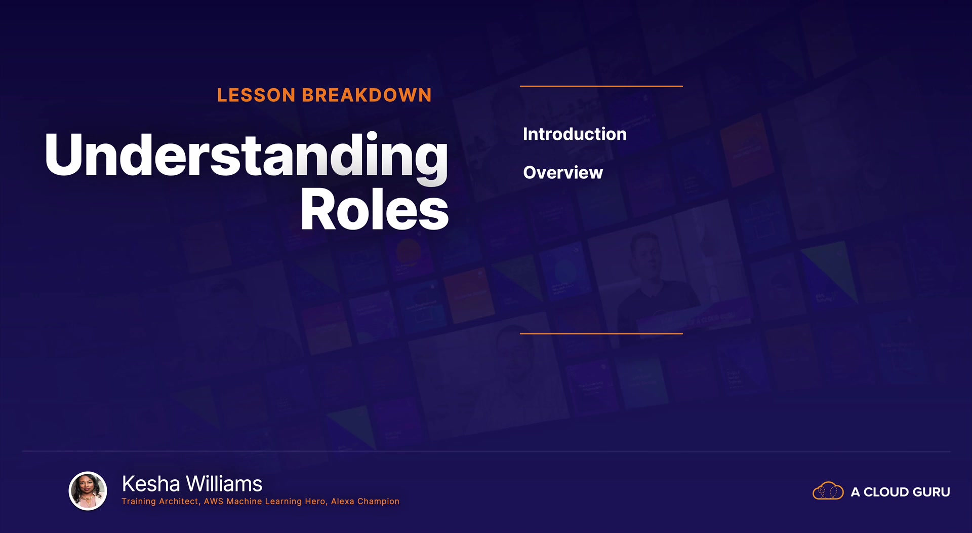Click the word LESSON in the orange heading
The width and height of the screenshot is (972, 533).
tap(256, 95)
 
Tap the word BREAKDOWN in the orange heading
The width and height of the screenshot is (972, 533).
tap(367, 95)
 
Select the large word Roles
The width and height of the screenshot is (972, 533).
tap(375, 209)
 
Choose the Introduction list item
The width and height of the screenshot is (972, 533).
tap(575, 134)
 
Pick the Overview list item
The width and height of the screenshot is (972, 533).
tap(563, 173)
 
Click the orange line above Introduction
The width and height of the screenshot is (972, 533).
tap(601, 87)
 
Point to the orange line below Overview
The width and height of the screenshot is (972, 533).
tap(601, 333)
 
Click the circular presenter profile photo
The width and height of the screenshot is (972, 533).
tap(88, 491)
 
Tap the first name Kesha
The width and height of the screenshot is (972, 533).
tap(151, 484)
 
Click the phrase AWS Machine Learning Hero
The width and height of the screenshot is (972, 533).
tap(265, 502)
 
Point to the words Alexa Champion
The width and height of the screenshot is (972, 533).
tap(365, 502)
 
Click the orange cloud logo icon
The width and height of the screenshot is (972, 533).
tap(828, 491)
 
